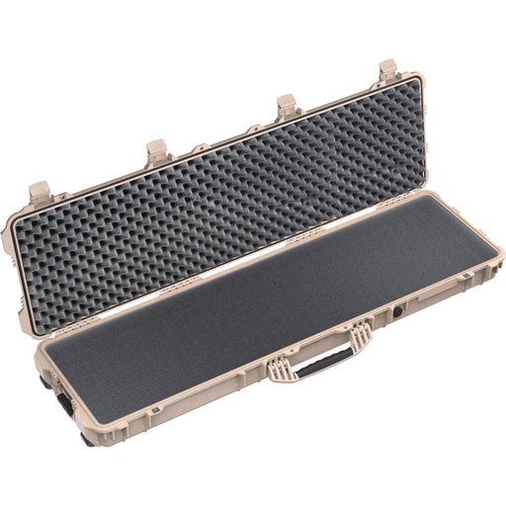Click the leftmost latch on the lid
(x=40, y=191)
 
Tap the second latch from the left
(x=158, y=150)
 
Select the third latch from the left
(x=288, y=105)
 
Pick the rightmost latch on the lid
(x=387, y=71)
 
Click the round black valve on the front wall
(x=398, y=311)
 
